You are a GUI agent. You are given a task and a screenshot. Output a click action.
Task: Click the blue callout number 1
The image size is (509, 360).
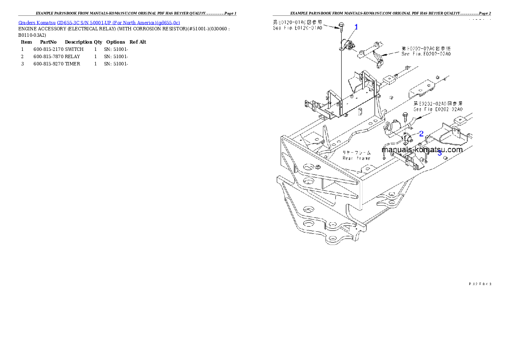(x=356, y=27)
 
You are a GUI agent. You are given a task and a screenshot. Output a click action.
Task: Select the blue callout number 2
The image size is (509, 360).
(x=421, y=133)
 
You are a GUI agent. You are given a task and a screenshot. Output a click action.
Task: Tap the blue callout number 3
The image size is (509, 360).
(x=439, y=153)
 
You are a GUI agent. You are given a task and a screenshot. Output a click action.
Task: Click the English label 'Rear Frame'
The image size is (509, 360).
(x=356, y=158)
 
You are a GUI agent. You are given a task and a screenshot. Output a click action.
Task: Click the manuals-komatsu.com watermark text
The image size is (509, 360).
(x=422, y=150)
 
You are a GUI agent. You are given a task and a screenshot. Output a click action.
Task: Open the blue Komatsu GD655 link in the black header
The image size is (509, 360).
(x=99, y=22)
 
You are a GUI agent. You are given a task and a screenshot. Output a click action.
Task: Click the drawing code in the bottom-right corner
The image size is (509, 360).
(x=479, y=283)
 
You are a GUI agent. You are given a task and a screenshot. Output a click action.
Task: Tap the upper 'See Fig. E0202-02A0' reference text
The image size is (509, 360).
(x=426, y=54)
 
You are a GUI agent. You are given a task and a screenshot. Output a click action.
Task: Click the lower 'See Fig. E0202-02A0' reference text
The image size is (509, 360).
(x=438, y=109)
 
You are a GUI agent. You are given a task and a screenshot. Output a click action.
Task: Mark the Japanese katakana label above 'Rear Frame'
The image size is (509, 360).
(x=356, y=152)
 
